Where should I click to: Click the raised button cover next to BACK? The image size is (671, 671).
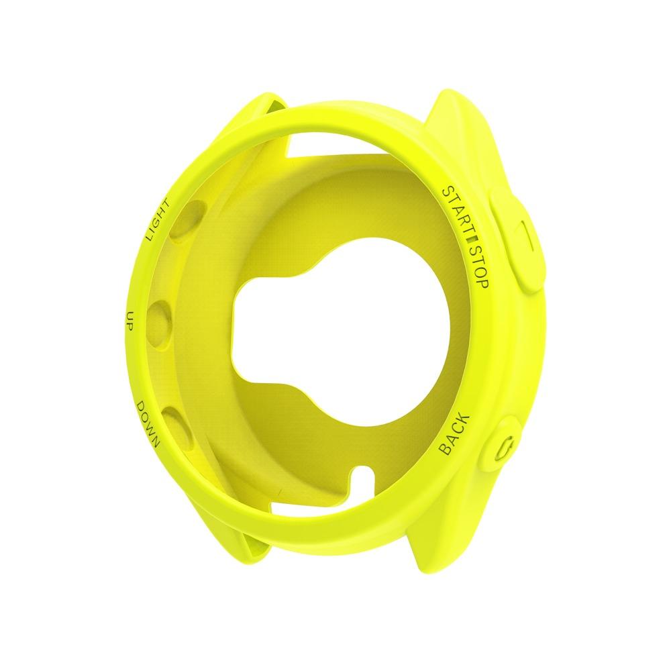point(507,446)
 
